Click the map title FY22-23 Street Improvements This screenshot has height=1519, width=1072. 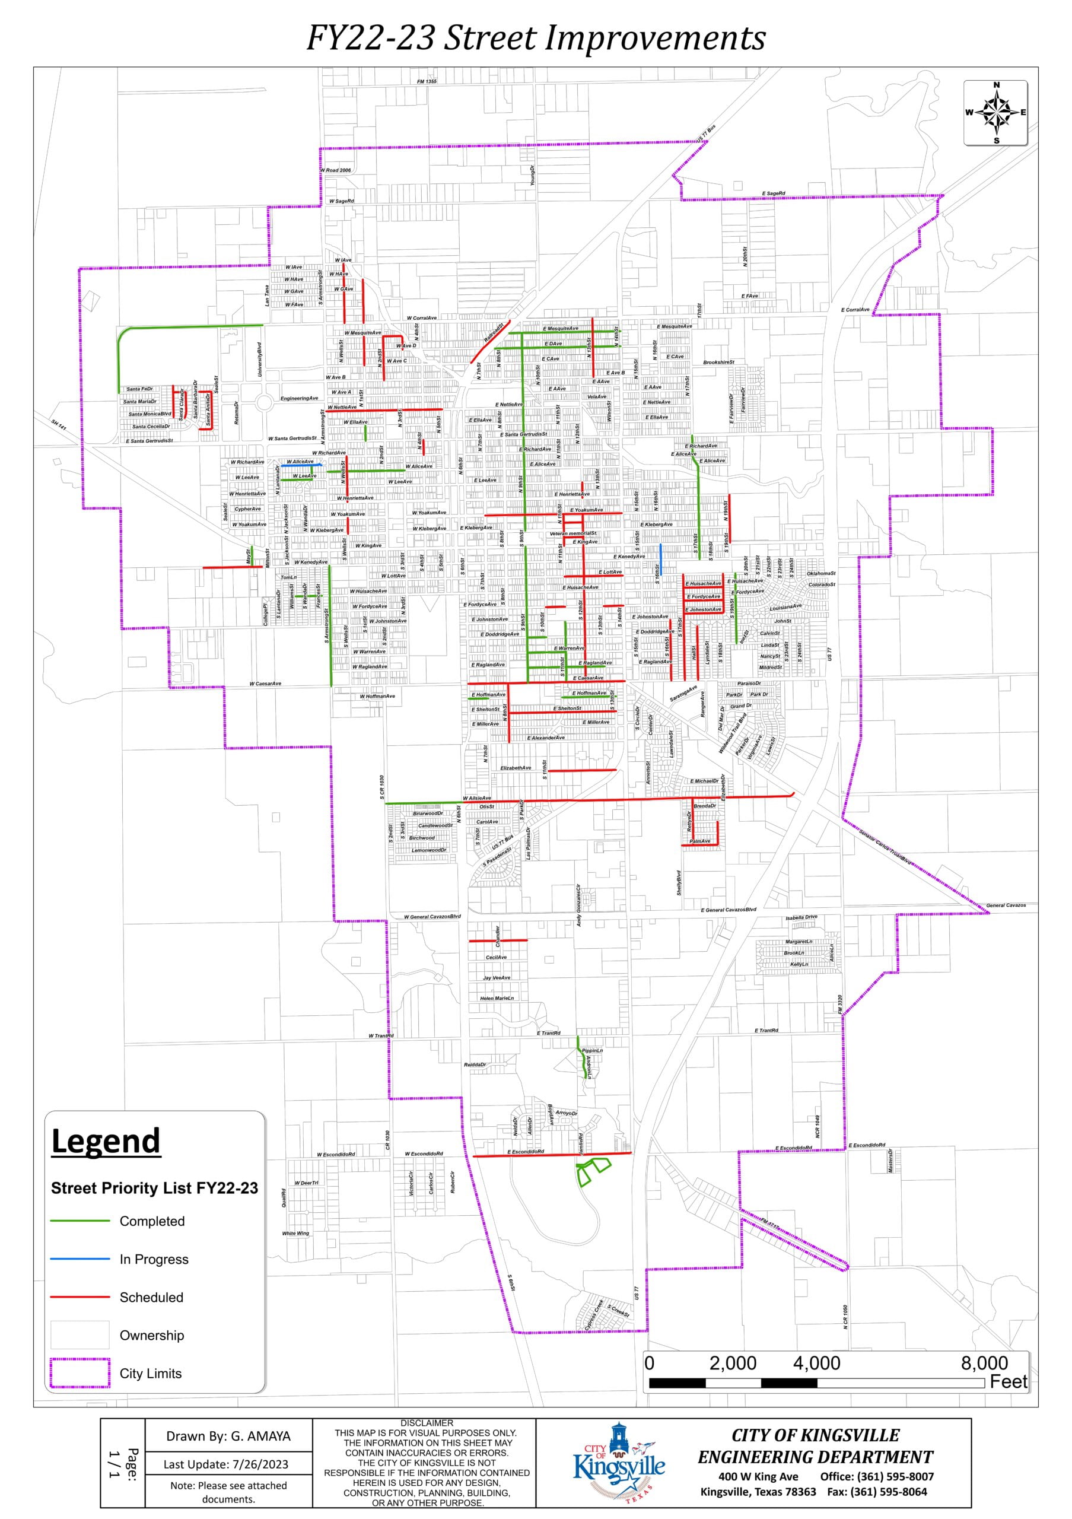tap(536, 38)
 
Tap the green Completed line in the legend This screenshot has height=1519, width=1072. tap(80, 1221)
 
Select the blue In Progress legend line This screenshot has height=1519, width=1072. tap(80, 1259)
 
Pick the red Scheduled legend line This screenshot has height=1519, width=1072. tap(80, 1296)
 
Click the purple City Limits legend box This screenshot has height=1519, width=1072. tap(80, 1373)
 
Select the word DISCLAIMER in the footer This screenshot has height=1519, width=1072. tap(427, 1423)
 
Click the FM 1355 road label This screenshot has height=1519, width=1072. tap(427, 81)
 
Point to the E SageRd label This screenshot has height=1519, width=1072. tap(773, 194)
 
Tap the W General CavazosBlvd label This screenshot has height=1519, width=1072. tap(432, 916)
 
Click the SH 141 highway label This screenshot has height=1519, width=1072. tap(59, 424)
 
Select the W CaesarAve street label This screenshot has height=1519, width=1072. tap(265, 684)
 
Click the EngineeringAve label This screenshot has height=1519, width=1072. tap(299, 398)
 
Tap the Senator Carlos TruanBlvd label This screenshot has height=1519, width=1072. tap(886, 847)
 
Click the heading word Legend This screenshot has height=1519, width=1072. tap(106, 1141)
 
